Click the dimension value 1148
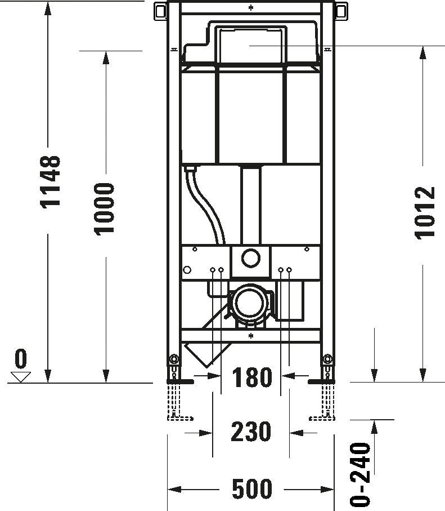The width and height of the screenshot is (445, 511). click(50, 180)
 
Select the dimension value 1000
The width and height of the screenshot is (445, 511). click(104, 208)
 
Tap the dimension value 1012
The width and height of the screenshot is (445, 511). click(426, 213)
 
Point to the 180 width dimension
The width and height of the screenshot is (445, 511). click(251, 378)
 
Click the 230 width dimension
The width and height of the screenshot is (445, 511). click(251, 432)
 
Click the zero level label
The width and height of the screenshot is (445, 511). click(21, 357)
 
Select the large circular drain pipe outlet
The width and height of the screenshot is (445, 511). click(248, 303)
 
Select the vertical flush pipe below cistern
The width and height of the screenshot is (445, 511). click(250, 206)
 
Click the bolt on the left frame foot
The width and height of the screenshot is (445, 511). click(174, 359)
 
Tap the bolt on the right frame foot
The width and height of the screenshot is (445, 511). click(326, 359)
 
